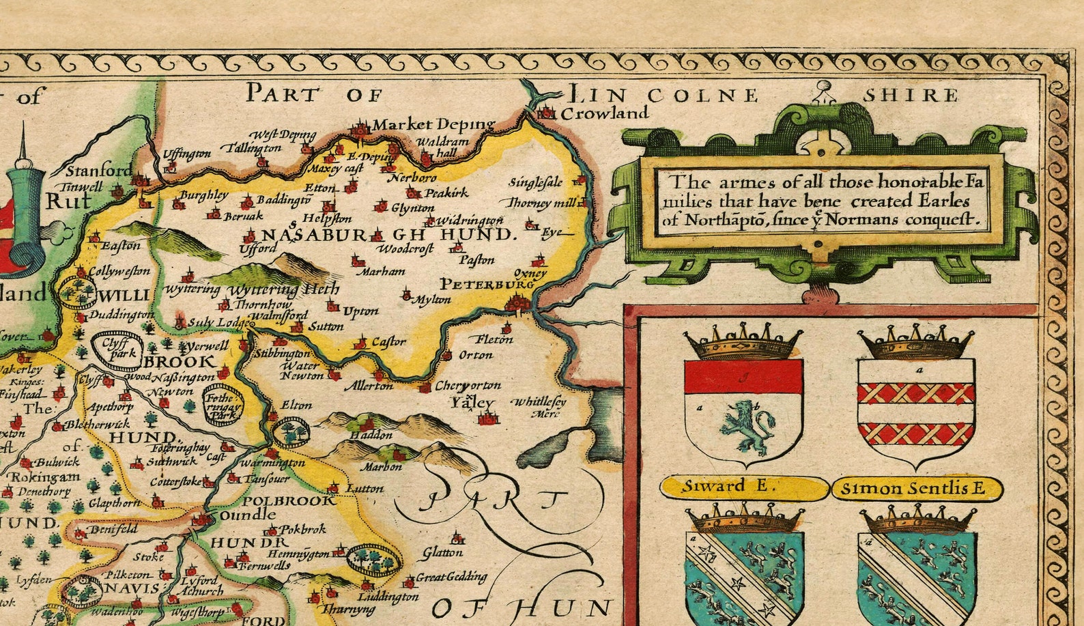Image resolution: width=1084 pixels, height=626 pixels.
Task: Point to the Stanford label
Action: (100, 171)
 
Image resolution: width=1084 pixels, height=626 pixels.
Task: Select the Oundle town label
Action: (248, 515)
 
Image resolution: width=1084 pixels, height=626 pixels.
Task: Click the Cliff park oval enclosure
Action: (115, 344)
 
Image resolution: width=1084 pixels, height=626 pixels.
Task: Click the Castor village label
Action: (388, 341)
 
